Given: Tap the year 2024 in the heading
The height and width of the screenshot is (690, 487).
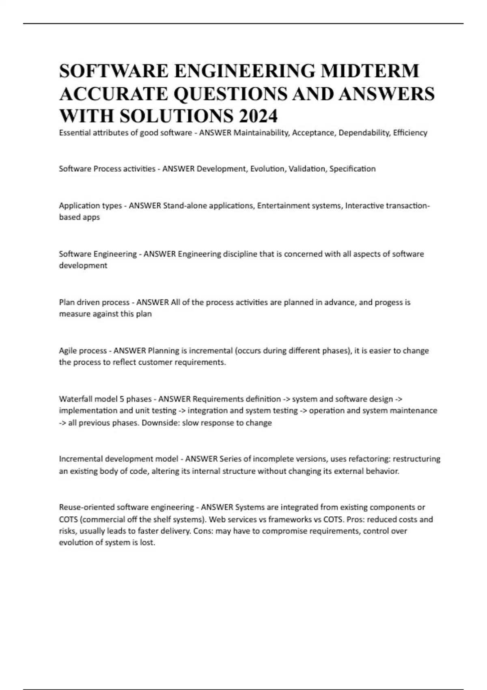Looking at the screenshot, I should [x=258, y=116].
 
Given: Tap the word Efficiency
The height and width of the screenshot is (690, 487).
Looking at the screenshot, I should [x=410, y=133].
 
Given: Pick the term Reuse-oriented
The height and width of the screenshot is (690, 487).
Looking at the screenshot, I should [x=86, y=507].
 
